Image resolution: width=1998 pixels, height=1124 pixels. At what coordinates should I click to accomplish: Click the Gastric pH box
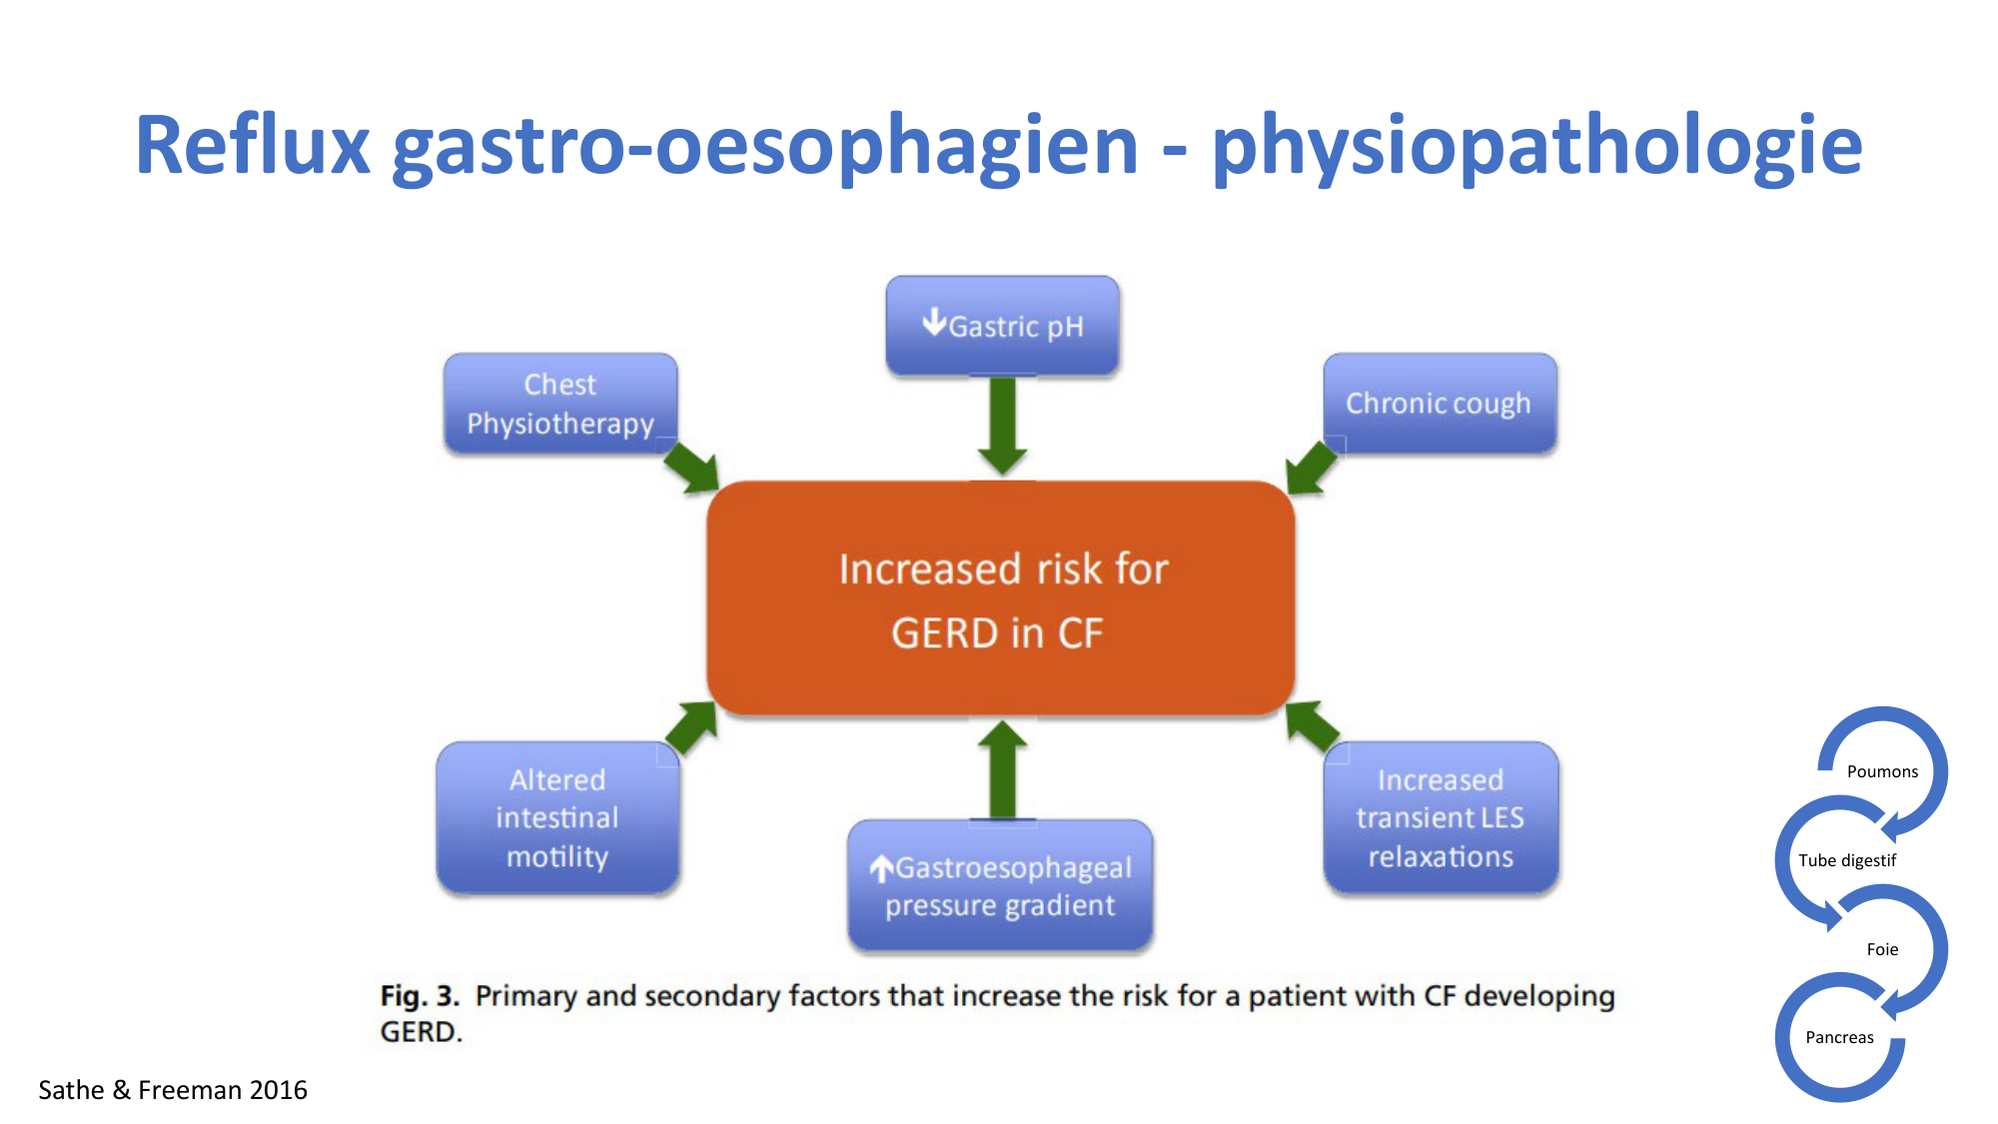coord(1002,326)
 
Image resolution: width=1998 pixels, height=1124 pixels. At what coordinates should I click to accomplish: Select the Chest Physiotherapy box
coord(560,404)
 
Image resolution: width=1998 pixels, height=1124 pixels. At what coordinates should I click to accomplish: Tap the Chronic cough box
coord(1440,403)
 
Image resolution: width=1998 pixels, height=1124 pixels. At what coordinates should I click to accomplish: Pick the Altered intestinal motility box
coord(557,817)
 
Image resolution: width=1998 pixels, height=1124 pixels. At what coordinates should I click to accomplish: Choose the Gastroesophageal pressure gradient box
coord(1000,885)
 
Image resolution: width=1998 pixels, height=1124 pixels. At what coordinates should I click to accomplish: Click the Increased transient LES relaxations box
coord(1441,817)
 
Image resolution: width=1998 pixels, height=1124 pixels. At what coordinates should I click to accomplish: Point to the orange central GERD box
coord(1001,598)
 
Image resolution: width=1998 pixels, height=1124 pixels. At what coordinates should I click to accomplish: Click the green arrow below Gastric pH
coord(1002,426)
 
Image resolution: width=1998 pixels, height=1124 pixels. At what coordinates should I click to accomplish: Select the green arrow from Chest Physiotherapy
coord(691,468)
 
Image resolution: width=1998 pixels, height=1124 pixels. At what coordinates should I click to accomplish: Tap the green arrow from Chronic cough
coord(1311,468)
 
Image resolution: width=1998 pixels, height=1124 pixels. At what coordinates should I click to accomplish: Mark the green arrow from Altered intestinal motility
coord(691,727)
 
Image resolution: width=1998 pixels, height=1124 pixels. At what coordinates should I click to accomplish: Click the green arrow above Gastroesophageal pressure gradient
coord(1002,770)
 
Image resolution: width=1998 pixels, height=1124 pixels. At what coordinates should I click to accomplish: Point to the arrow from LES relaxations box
coord(1312,727)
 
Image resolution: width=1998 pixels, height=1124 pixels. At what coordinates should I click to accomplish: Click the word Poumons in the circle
coord(1882,771)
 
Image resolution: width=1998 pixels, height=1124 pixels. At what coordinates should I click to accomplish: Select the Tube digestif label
coord(1847,860)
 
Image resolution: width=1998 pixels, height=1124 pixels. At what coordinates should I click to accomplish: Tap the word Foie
coord(1882,949)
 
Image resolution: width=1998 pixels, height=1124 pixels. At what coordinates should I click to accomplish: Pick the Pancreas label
coord(1839,1037)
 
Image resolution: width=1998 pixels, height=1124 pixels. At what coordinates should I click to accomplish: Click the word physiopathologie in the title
coord(1537,147)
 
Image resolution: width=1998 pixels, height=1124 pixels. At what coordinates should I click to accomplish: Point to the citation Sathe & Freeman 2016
coord(173,1089)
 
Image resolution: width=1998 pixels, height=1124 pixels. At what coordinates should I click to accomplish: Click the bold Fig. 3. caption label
coord(420,996)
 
